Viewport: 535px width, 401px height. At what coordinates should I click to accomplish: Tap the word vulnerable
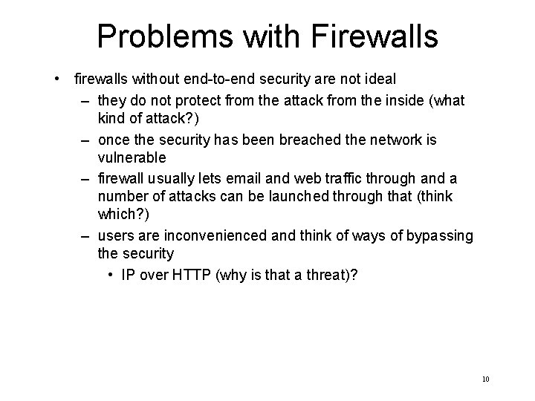click(132, 157)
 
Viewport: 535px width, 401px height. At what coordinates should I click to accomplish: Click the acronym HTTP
click(192, 274)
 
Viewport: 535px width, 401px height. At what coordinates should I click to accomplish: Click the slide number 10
click(485, 379)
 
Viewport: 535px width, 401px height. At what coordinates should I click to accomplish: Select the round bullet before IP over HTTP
click(109, 274)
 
